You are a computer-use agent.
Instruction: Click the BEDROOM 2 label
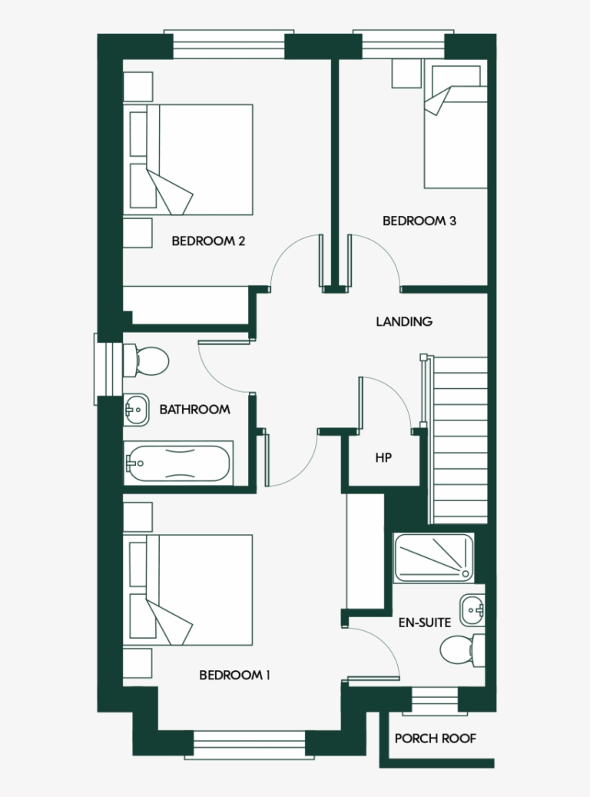point(208,241)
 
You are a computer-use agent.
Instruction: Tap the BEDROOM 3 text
point(419,221)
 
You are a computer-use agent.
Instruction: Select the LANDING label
point(403,322)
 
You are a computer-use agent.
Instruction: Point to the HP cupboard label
point(383,458)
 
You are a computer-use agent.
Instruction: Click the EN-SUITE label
point(424,623)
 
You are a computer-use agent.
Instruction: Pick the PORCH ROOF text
point(436,739)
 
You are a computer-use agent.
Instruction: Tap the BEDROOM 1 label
point(234,676)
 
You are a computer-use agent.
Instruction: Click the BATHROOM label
point(194,410)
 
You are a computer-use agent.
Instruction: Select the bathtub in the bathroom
point(178,463)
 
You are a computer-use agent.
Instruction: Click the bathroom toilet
point(147,360)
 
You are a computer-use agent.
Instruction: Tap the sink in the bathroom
point(136,410)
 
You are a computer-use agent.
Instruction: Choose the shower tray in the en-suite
point(433,557)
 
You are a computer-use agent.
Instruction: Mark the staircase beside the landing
point(459,439)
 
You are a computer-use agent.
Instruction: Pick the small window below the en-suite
point(435,701)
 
